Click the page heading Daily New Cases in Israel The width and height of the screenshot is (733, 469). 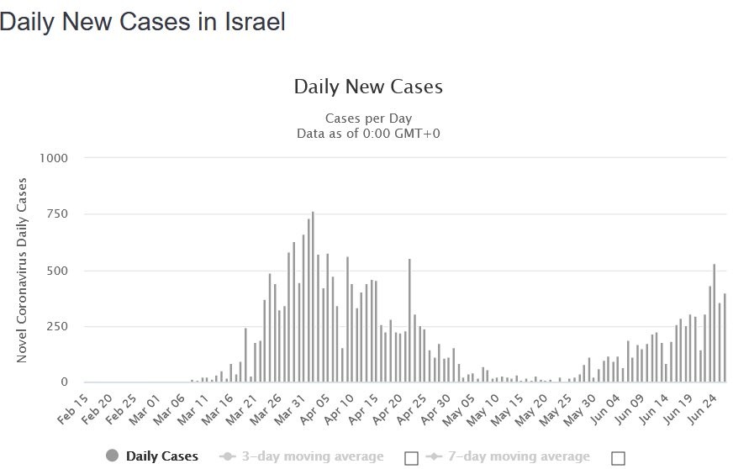pyautogui.click(x=143, y=23)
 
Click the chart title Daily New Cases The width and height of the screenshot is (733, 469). pyautogui.click(x=368, y=87)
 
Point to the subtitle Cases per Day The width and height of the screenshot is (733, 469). pyautogui.click(x=368, y=118)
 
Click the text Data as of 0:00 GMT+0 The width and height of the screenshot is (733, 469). pyautogui.click(x=368, y=133)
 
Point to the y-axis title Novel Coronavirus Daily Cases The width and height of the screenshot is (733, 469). pyautogui.click(x=23, y=270)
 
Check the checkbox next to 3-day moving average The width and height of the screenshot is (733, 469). pyautogui.click(x=412, y=458)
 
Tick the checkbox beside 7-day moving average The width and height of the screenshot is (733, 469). pyautogui.click(x=619, y=458)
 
